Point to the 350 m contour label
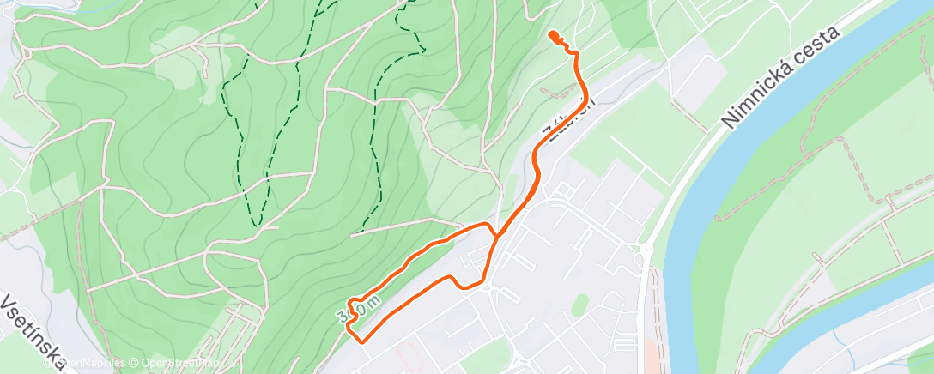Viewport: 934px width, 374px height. (x=359, y=310)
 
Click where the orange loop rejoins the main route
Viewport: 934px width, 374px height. (x=494, y=235)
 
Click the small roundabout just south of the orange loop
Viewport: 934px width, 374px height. (x=487, y=287)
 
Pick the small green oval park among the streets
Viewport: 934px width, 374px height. (x=581, y=302)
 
